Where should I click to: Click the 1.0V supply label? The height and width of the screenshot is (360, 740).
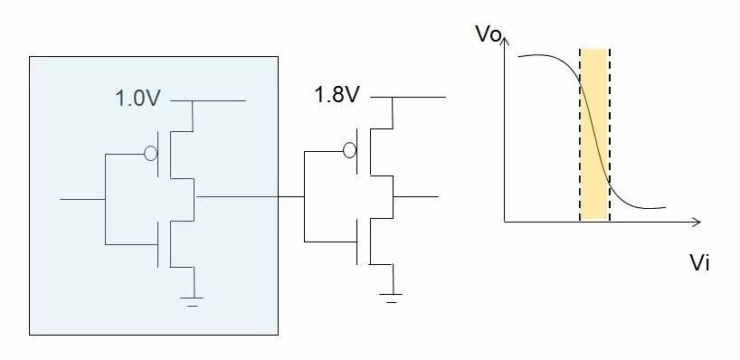[x=137, y=99]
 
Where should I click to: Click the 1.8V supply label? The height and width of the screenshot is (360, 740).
[x=336, y=94]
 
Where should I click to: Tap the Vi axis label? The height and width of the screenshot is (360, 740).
[x=698, y=263]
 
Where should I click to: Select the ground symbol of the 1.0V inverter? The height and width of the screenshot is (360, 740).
[x=192, y=299]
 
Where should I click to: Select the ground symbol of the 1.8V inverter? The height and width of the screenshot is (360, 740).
[x=391, y=296]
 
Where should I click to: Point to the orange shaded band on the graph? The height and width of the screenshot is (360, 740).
[x=594, y=135]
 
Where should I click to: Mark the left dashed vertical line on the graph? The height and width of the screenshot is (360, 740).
[x=580, y=135]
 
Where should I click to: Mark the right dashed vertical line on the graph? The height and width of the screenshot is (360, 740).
[x=609, y=135]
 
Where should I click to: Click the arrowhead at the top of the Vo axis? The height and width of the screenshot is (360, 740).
[x=505, y=40]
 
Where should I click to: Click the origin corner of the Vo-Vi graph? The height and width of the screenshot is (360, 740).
[x=505, y=222]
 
